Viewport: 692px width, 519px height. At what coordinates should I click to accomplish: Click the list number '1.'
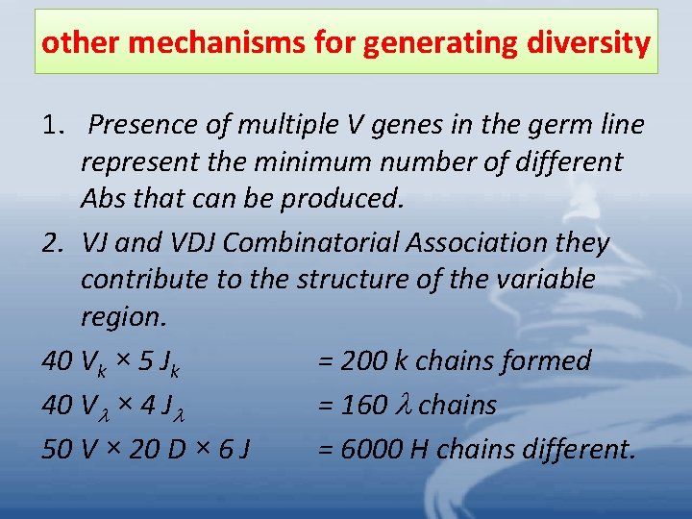(55, 125)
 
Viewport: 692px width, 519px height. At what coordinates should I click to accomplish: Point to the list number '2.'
(55, 243)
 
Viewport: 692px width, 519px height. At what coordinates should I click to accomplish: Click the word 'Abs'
(104, 198)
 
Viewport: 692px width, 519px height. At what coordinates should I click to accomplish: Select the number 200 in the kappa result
(364, 361)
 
